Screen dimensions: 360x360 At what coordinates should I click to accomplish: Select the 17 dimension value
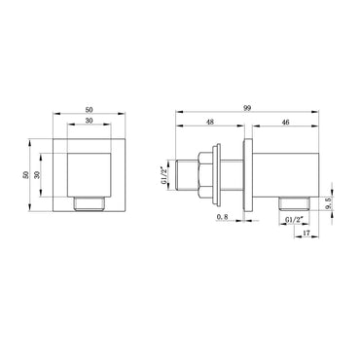pos(305,234)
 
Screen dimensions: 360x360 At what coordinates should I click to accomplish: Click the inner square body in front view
pos(91,167)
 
